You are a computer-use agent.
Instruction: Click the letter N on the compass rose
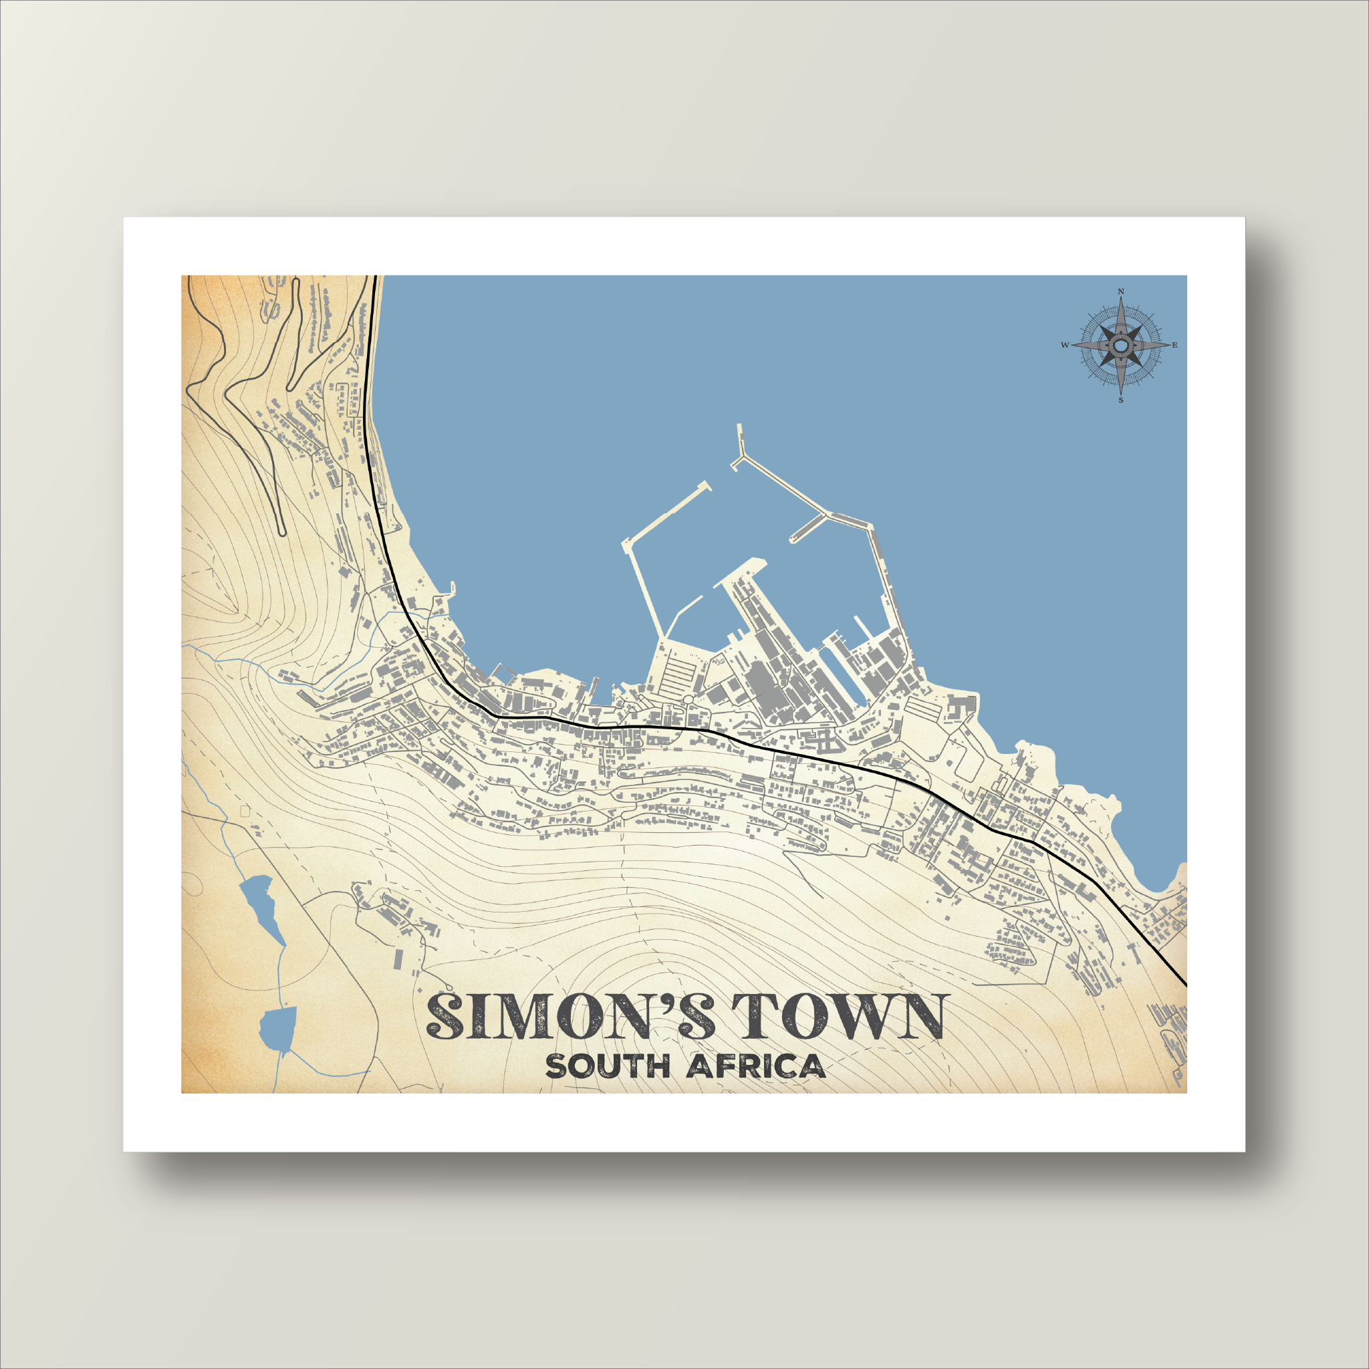click(1121, 291)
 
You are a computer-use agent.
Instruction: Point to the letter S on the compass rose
click(1121, 400)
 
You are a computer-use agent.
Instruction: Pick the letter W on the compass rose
click(1064, 345)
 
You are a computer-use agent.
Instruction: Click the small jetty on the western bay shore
click(451, 589)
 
